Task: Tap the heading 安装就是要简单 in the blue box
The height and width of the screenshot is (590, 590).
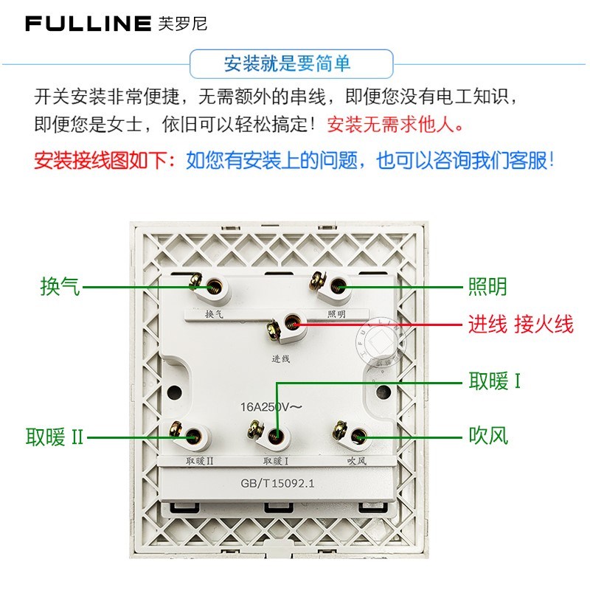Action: point(287,63)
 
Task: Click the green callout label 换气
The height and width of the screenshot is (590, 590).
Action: point(60,286)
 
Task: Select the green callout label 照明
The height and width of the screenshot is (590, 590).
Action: point(487,286)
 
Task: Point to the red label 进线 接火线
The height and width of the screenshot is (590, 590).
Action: point(521,324)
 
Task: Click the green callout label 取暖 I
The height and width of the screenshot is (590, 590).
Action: point(495,381)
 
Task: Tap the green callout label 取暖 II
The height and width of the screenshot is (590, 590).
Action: point(55,438)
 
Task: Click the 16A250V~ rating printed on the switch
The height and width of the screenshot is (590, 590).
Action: point(271,406)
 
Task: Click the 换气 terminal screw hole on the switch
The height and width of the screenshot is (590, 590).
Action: point(215,286)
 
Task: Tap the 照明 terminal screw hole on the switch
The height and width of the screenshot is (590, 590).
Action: point(339,286)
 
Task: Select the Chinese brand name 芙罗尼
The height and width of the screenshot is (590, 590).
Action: point(184,24)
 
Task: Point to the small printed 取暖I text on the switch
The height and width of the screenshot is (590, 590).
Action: point(275,462)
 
